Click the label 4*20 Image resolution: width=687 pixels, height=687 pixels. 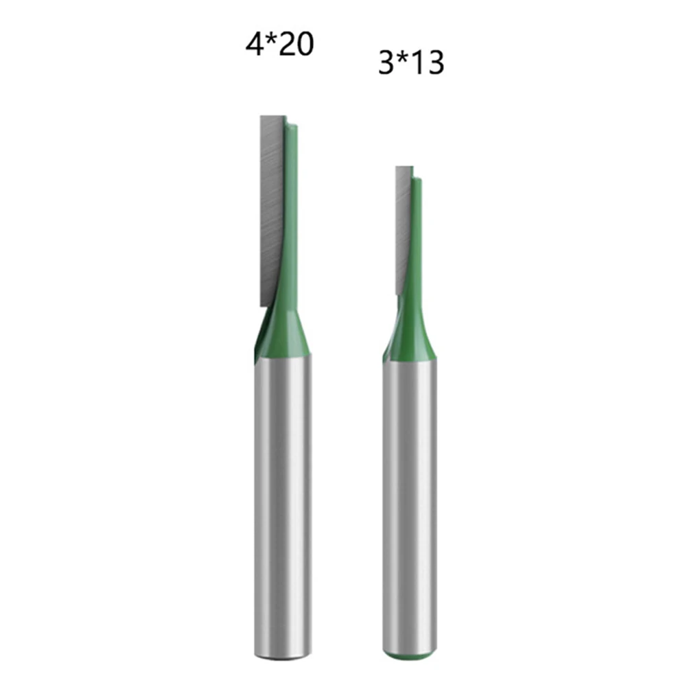[279, 45]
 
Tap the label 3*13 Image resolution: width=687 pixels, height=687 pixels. [410, 63]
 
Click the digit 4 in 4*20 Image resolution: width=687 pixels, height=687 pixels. [255, 45]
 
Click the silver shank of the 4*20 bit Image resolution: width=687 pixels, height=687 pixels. [283, 501]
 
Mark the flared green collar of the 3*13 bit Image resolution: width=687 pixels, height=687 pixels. [410, 343]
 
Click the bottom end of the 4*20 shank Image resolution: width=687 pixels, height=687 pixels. [283, 655]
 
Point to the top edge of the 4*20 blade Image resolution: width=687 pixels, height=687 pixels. [272, 117]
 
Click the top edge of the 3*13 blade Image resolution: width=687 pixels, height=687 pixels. [404, 167]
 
